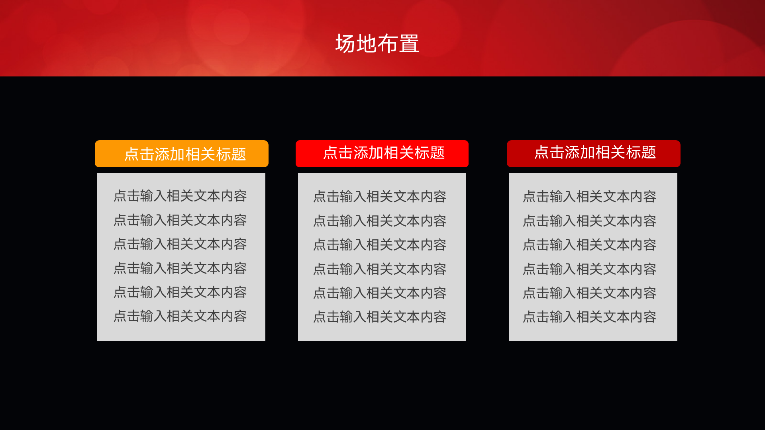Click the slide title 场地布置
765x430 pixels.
[377, 43]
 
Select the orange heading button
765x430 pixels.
[182, 154]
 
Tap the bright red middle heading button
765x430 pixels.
[382, 154]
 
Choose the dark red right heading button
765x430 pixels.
[594, 154]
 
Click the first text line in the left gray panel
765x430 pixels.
[180, 196]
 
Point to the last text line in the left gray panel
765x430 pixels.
[180, 316]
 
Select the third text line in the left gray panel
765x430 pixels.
[180, 244]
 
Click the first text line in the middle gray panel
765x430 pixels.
[380, 197]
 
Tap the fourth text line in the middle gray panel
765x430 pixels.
[380, 269]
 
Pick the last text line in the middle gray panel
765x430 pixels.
[380, 317]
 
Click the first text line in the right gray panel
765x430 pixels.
[590, 197]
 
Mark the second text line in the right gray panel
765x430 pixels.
[590, 221]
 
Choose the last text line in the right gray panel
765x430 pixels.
[590, 317]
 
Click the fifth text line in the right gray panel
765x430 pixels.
[590, 293]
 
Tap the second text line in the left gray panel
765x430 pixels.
[180, 220]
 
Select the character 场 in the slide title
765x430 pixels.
[345, 43]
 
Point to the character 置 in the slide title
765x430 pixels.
[409, 43]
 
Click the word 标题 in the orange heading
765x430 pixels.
[231, 154]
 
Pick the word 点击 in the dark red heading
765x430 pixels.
[549, 152]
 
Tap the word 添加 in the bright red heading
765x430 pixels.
[369, 153]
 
